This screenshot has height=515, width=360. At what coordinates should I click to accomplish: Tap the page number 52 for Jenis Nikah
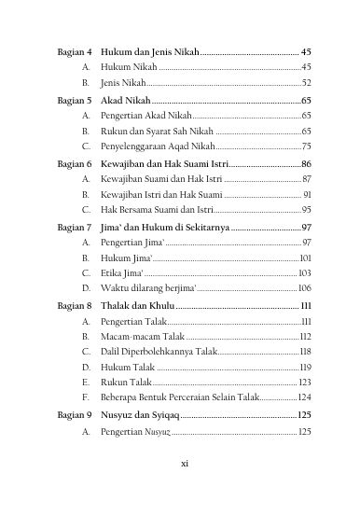306,83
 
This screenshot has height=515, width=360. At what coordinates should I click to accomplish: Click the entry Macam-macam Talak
142,337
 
